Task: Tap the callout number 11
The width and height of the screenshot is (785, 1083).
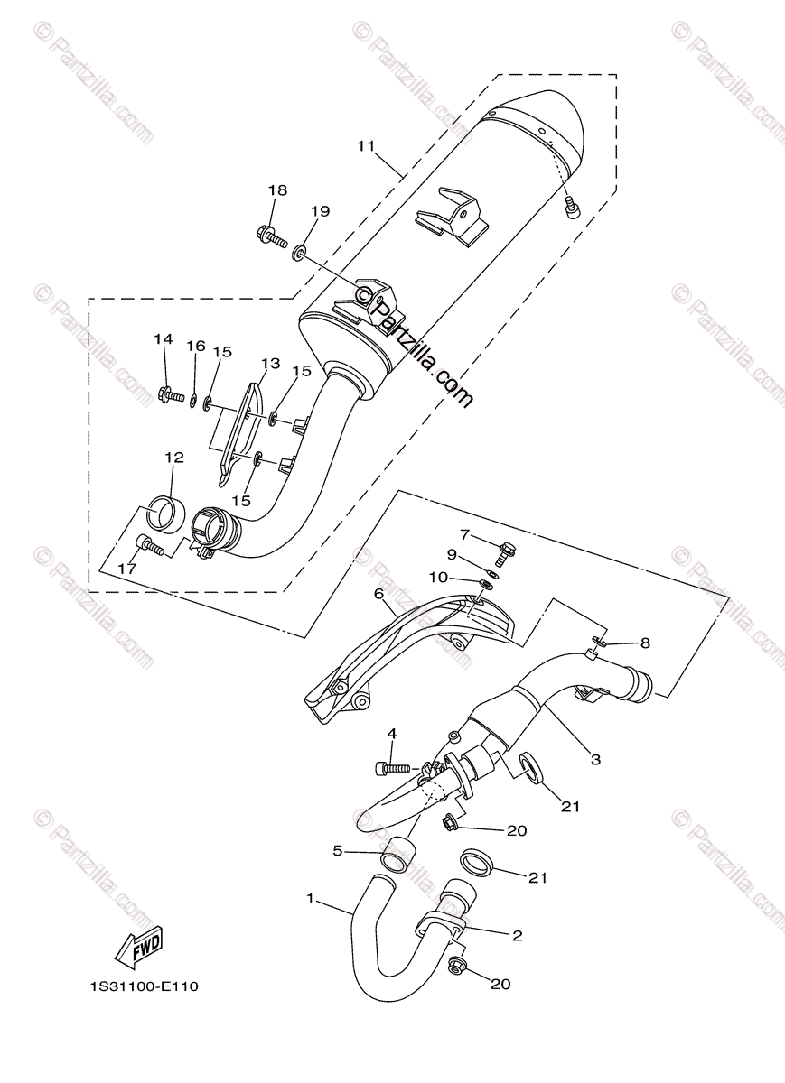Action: pyautogui.click(x=367, y=145)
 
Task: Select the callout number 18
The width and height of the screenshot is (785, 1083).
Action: pyautogui.click(x=278, y=190)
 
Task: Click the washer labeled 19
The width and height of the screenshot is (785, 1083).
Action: pyautogui.click(x=299, y=252)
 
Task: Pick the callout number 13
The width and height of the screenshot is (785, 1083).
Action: pyautogui.click(x=270, y=363)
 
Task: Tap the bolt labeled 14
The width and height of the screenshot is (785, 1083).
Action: pyautogui.click(x=171, y=393)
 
